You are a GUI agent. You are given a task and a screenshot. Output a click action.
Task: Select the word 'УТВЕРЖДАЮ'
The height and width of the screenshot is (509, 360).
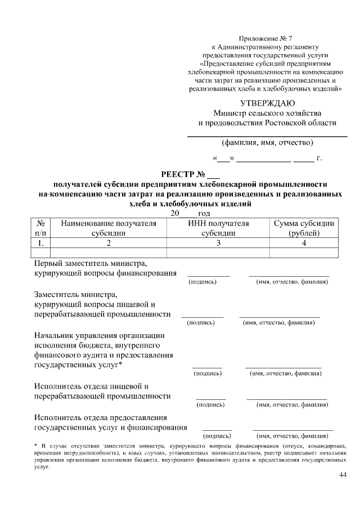[267, 103]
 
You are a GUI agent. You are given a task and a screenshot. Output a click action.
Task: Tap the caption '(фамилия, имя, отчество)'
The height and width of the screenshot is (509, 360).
[267, 142]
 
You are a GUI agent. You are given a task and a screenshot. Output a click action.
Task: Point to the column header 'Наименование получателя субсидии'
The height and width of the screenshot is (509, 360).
[109, 228]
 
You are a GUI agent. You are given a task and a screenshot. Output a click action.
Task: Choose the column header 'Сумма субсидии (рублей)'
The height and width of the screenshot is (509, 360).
[304, 228]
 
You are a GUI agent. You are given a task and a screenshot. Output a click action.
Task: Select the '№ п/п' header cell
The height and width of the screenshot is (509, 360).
[41, 228]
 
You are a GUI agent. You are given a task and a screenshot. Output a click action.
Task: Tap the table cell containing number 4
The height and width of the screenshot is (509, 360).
[304, 243]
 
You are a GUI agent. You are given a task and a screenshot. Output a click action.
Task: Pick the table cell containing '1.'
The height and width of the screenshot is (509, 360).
[41, 243]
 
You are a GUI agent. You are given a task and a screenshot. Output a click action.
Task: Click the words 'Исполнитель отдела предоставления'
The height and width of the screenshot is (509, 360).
[101, 417]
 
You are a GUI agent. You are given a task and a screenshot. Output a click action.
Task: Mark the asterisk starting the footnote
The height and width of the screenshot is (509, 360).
[36, 445]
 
